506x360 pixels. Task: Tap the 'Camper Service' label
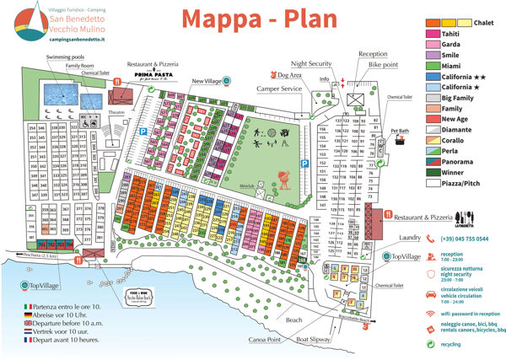[278, 88]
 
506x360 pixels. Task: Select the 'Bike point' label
[382, 64]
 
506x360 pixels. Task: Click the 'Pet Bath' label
[399, 132]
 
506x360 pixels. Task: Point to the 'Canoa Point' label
[263, 341]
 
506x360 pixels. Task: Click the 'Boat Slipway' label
[313, 341]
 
